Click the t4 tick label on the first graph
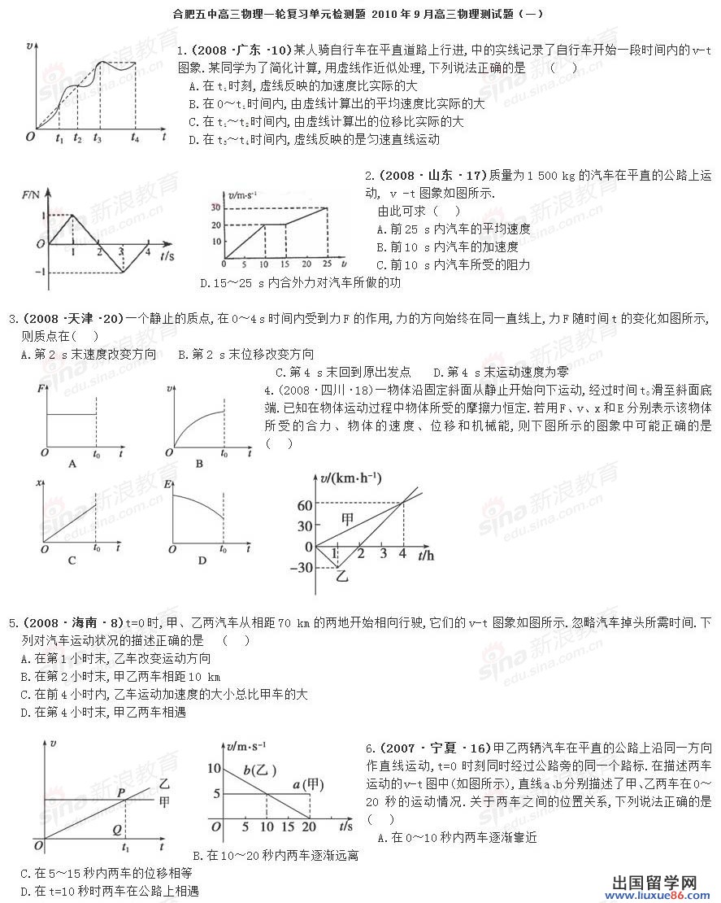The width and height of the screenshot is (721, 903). coord(136,139)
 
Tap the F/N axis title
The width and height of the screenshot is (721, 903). coord(32,194)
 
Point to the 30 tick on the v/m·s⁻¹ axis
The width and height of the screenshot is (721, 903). coord(216,207)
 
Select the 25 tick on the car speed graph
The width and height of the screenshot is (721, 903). coord(327,265)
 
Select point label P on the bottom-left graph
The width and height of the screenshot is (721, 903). coord(121,792)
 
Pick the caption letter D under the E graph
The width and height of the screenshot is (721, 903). coord(202,561)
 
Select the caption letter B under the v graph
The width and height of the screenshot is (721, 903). coord(199,464)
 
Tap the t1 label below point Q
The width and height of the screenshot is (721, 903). coord(124,848)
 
